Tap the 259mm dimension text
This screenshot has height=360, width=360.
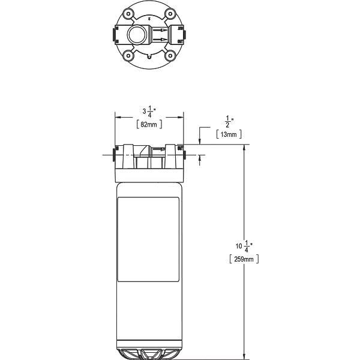[244, 259]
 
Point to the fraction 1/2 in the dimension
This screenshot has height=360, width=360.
[229, 121]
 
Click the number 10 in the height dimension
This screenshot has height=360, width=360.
[239, 246]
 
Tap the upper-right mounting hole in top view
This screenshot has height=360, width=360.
[170, 13]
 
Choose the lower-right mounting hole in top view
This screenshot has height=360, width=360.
[170, 57]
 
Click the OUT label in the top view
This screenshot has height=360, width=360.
[179, 41]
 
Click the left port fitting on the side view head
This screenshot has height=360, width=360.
[114, 157]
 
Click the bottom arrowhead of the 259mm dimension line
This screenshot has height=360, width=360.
[244, 353]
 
